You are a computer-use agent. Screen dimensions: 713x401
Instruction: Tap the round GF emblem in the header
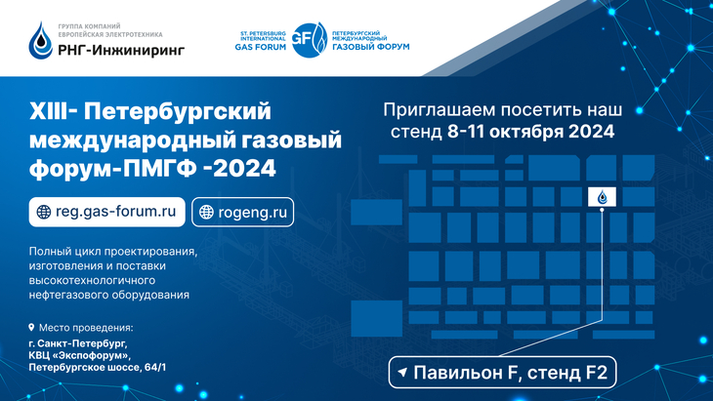point(310,40)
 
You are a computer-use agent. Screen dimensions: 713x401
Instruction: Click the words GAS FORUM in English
point(261,47)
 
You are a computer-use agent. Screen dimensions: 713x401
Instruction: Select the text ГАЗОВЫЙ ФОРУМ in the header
point(370,47)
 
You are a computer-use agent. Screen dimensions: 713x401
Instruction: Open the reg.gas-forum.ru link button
point(106,212)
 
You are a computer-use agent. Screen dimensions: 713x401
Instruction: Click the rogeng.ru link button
point(243,212)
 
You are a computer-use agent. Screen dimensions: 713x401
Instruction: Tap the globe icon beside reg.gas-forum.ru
point(44,212)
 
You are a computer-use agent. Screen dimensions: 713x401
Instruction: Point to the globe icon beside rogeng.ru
point(206,212)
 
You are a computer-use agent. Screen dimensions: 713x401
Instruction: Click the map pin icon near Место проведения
point(31,327)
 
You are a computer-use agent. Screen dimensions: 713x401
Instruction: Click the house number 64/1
point(155,367)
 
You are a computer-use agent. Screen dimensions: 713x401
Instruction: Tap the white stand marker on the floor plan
point(602,197)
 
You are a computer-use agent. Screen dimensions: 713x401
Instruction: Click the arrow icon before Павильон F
point(402,373)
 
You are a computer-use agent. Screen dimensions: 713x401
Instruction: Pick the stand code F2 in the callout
point(596,373)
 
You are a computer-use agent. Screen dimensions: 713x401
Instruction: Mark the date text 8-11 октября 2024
point(530,132)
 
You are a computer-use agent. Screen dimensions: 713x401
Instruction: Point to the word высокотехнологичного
point(93,280)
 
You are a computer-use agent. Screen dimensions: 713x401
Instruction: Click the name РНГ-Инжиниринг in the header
point(121,49)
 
